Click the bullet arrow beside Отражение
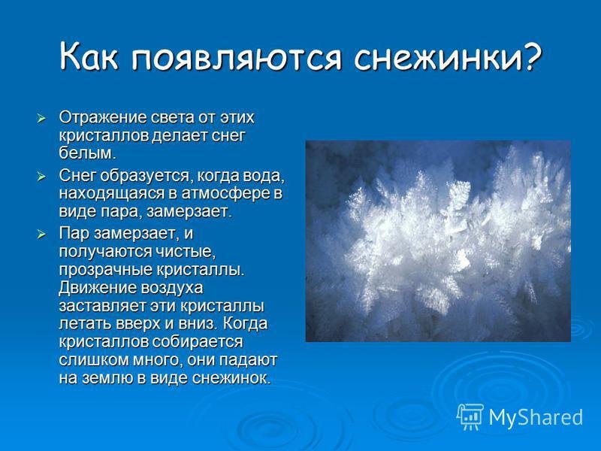(41, 119)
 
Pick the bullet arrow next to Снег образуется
(41, 177)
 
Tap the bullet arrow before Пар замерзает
(41, 235)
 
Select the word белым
(87, 153)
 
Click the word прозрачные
(105, 271)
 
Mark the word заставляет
(101, 306)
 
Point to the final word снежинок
(231, 379)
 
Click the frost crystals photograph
(438, 241)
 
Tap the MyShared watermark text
(536, 417)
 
